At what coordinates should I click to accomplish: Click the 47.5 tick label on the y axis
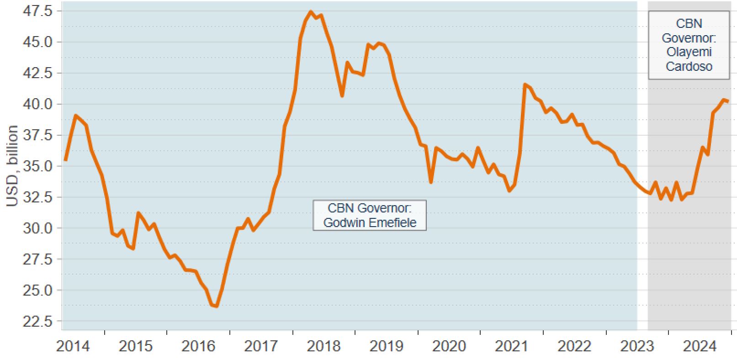click(x=38, y=11)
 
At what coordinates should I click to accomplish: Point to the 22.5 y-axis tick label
click(x=38, y=321)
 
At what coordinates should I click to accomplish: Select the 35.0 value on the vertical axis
click(x=38, y=166)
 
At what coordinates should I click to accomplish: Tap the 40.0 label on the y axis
click(x=38, y=104)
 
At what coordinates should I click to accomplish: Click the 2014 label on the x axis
click(x=73, y=346)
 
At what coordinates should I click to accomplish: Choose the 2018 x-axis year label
click(x=323, y=346)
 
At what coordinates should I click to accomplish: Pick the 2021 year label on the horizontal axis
click(x=511, y=346)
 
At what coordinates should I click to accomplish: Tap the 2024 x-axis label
click(x=700, y=346)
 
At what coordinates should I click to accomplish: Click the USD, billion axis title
click(x=12, y=166)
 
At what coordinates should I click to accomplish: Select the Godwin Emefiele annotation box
click(x=370, y=215)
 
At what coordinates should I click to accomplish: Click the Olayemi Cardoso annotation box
click(x=689, y=45)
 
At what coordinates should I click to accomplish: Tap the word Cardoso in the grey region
click(x=689, y=67)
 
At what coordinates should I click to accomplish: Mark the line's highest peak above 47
click(x=311, y=12)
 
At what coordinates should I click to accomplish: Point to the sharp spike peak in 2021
click(x=525, y=85)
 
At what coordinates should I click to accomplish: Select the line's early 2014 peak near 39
click(x=76, y=116)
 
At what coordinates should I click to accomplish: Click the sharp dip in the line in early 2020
click(x=431, y=182)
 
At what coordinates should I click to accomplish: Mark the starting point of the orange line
click(x=65, y=160)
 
